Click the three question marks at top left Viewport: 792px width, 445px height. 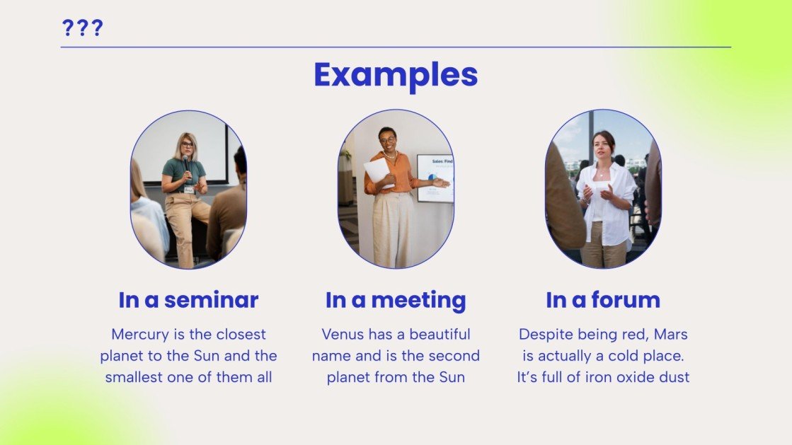[x=82, y=28]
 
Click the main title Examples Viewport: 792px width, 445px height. [x=396, y=75]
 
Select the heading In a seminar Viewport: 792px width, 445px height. [x=188, y=300]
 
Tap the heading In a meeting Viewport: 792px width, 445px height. [x=396, y=300]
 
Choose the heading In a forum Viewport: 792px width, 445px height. [x=602, y=300]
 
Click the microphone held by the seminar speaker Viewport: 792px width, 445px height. [x=186, y=165]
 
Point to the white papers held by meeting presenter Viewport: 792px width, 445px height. [x=377, y=171]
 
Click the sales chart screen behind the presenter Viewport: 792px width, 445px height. [x=434, y=177]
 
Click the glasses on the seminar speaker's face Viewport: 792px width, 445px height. [x=187, y=145]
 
